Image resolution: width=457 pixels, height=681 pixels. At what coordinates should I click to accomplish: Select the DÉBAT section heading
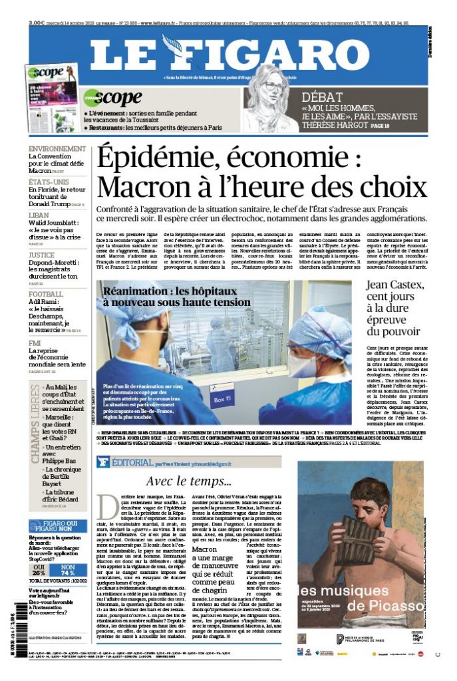(x=323, y=96)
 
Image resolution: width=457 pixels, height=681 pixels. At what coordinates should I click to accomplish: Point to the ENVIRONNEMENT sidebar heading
(x=57, y=149)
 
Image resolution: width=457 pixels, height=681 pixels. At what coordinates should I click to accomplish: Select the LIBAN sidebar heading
(x=39, y=215)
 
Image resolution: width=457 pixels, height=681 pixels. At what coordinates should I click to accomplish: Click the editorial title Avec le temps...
(x=189, y=481)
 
